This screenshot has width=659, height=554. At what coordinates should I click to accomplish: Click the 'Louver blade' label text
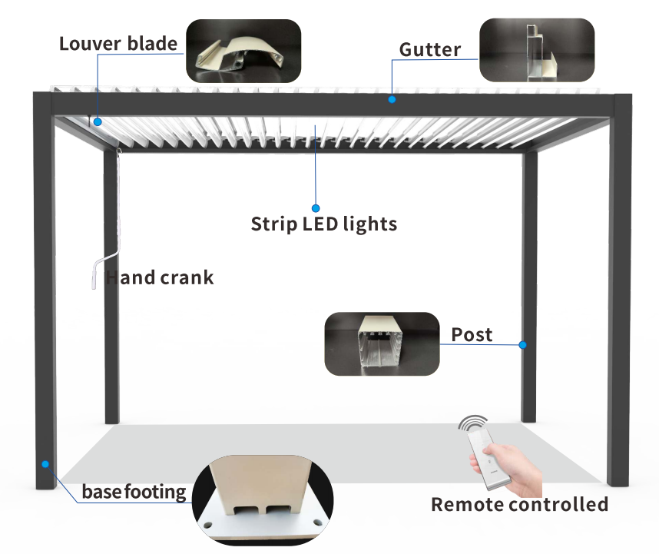(x=118, y=44)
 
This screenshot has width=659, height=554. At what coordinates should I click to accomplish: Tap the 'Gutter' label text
(x=430, y=51)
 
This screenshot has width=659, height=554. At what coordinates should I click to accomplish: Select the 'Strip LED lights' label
(x=324, y=224)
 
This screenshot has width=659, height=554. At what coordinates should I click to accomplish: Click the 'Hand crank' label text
(x=160, y=278)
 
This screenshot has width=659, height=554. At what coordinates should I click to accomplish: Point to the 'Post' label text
(x=472, y=335)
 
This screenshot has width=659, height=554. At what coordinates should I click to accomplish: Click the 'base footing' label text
(x=134, y=491)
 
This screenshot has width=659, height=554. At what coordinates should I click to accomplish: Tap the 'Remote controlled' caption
(x=519, y=505)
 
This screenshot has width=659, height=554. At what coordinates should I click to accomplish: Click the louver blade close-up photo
(x=243, y=51)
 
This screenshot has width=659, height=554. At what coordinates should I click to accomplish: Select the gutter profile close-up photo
(x=537, y=51)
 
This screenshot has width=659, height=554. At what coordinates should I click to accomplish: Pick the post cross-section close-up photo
(x=382, y=343)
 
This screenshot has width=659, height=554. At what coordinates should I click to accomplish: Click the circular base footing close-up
(x=262, y=499)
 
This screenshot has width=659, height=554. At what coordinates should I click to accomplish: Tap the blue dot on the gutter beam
(x=392, y=99)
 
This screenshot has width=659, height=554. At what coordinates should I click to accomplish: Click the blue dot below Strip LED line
(x=315, y=207)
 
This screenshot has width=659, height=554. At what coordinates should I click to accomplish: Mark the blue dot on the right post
(x=522, y=345)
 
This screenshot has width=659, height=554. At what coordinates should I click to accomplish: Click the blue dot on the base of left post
(x=46, y=464)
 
